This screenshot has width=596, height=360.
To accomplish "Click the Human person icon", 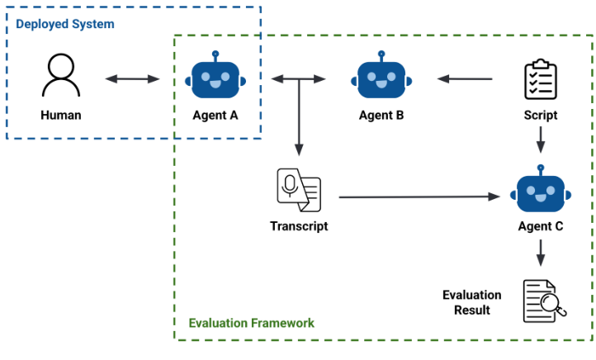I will pyautogui.click(x=61, y=77).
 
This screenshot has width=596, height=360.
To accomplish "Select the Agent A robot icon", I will pyautogui.click(x=215, y=77).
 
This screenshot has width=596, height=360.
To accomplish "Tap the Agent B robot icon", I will pyautogui.click(x=381, y=77).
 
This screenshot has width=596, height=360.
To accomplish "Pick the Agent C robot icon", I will pyautogui.click(x=540, y=192).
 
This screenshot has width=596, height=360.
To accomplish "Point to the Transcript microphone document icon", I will pyautogui.click(x=298, y=190).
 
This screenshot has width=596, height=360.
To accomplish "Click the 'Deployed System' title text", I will pyautogui.click(x=65, y=24).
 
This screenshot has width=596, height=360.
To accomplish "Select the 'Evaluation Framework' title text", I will pyautogui.click(x=252, y=323).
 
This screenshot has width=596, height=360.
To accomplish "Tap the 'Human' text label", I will pyautogui.click(x=61, y=116).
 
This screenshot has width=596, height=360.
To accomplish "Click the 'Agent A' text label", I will pyautogui.click(x=215, y=116).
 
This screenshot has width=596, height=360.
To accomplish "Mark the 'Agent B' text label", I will pyautogui.click(x=381, y=116).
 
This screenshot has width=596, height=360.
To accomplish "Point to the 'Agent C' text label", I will pyautogui.click(x=540, y=225).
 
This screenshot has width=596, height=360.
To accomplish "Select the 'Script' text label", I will pyautogui.click(x=541, y=116).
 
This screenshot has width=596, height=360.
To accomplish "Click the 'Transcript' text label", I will pyautogui.click(x=298, y=225).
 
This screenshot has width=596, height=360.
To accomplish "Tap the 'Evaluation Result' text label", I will pyautogui.click(x=471, y=302).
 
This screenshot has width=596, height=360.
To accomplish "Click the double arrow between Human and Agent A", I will pyautogui.click(x=132, y=79).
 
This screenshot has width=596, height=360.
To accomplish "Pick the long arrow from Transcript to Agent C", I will pyautogui.click(x=420, y=197).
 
